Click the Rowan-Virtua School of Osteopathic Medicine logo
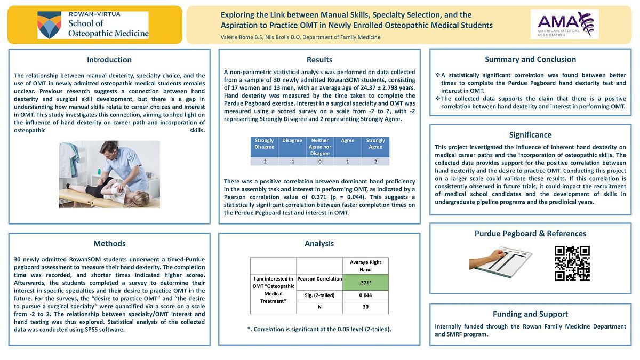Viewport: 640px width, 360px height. (93, 25)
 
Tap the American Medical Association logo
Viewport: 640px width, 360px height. (564, 24)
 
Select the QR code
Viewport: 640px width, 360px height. (572, 263)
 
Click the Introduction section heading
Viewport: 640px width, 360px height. (109, 60)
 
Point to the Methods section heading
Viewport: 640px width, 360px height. (109, 243)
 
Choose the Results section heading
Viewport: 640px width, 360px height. (319, 60)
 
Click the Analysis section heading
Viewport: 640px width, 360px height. (319, 243)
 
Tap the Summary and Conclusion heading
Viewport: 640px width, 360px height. (530, 59)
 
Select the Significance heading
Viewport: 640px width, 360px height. (530, 135)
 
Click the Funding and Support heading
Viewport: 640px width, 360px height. (530, 314)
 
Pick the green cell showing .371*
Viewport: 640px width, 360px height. (365, 282)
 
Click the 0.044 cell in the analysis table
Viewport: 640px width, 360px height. (365, 295)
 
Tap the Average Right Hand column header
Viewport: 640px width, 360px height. (365, 266)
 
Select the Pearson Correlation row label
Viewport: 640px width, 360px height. (319, 279)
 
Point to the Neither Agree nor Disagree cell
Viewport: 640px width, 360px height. (320, 147)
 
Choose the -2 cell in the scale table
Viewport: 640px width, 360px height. (264, 162)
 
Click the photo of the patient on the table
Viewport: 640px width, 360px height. (109, 174)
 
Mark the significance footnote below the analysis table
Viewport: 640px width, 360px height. (319, 329)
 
